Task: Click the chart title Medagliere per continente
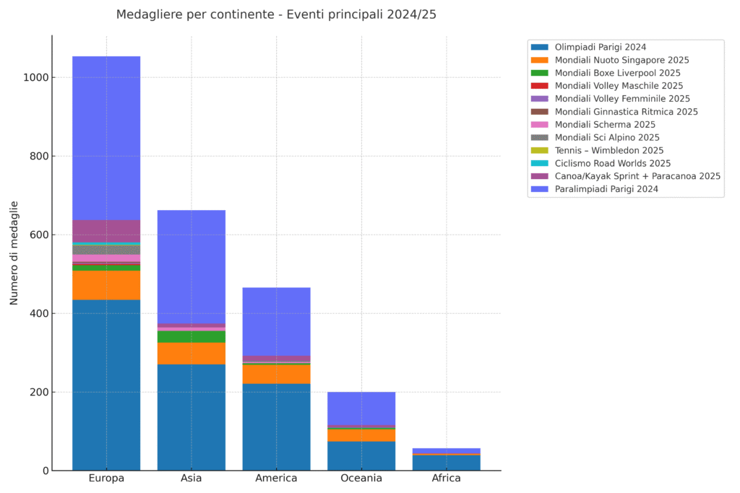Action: point(276,14)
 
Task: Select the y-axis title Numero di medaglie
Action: point(14,253)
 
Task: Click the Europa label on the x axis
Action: point(106,479)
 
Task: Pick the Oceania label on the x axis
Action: point(361,479)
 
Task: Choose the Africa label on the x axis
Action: point(446,479)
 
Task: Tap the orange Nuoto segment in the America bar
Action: point(276,374)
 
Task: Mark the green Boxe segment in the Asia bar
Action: point(192,337)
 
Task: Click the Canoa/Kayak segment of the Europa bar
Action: point(106,232)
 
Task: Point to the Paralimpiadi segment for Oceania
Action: point(361,409)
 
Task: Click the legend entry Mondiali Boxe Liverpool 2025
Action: point(617,73)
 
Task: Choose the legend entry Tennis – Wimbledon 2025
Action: point(608,150)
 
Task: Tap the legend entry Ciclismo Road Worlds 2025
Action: point(613,163)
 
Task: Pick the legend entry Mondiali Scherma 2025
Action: point(605,124)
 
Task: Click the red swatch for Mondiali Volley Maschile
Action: point(540,86)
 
